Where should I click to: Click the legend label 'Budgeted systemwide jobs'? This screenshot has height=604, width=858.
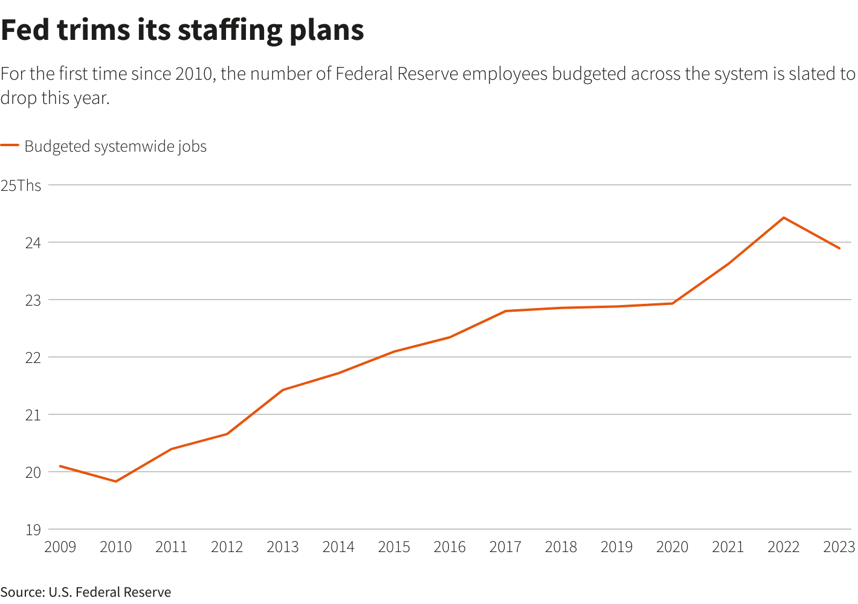point(115,147)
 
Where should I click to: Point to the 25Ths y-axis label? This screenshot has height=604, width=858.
point(21,185)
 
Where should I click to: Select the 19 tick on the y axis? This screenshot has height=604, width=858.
point(33,530)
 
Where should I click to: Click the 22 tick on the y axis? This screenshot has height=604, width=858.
point(33,358)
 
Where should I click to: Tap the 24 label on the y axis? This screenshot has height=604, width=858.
point(33,243)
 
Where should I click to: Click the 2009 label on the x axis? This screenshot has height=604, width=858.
point(60,547)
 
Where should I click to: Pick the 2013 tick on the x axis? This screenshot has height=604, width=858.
point(283,547)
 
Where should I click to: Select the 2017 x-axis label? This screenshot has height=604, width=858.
point(505,547)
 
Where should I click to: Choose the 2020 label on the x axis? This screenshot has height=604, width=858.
point(672,547)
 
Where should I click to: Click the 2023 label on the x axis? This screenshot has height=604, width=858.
point(839,547)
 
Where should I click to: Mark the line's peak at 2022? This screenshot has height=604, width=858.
point(784,217)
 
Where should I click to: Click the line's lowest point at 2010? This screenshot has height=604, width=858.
point(116,481)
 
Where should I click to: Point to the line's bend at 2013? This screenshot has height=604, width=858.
point(283,390)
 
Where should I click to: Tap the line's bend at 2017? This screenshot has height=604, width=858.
point(505,311)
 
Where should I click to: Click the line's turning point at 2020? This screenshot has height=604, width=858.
point(672,303)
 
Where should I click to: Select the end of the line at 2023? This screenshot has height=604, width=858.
point(839,248)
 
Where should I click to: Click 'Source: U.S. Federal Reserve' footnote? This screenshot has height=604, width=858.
point(86,592)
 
